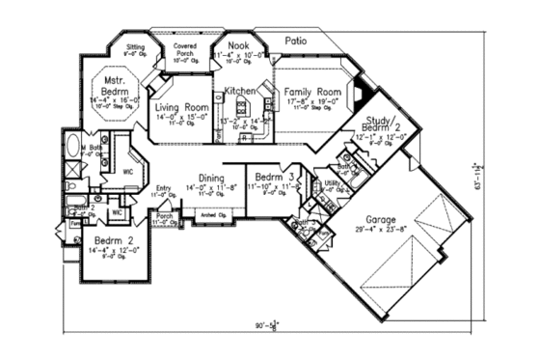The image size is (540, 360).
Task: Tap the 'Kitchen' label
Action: (239, 92)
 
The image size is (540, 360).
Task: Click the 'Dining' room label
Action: (211, 178)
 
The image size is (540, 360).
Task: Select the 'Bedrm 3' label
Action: (270, 178)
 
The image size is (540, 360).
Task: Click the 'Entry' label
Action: (163, 188)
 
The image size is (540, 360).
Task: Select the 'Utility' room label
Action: (332, 182)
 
